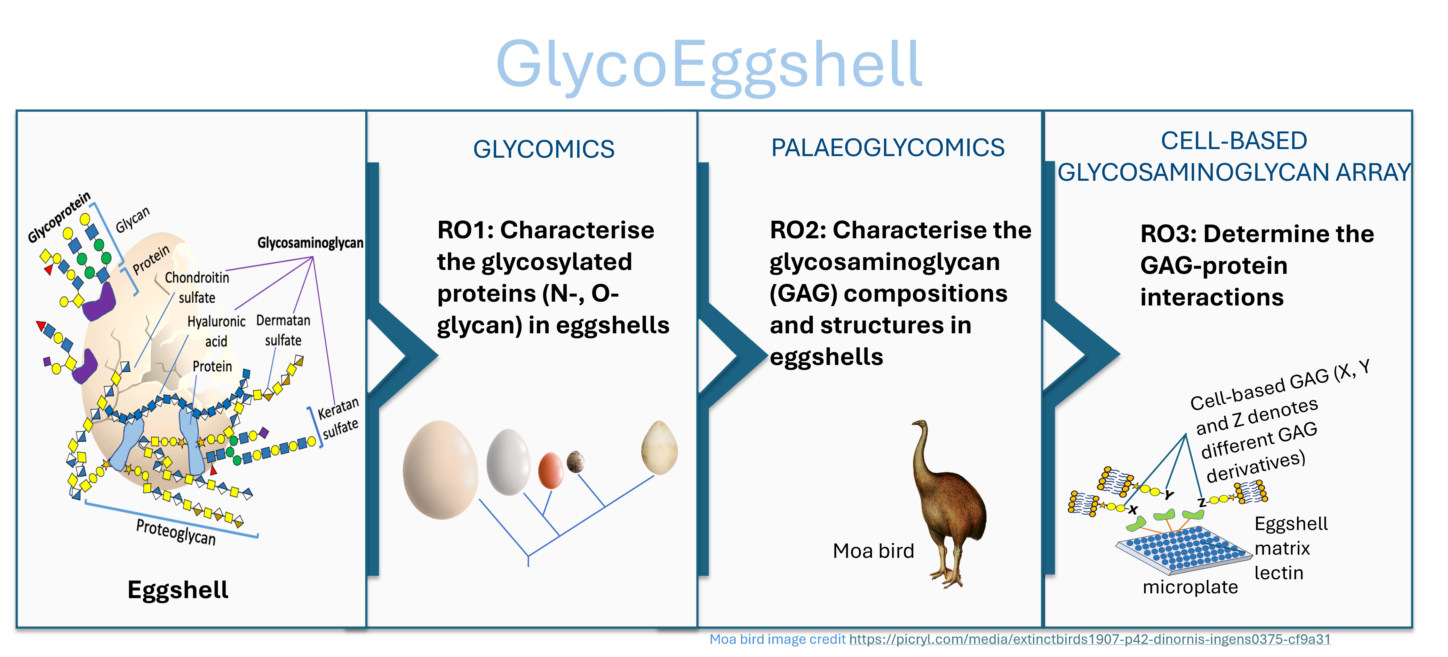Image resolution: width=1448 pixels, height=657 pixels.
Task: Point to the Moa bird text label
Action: pyautogui.click(x=873, y=551)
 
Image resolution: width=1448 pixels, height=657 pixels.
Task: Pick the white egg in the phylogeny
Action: pyautogui.click(x=508, y=462)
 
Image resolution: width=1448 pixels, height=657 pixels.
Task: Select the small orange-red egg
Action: pyautogui.click(x=551, y=471)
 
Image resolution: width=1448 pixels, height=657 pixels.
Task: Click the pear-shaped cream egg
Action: pyautogui.click(x=659, y=447)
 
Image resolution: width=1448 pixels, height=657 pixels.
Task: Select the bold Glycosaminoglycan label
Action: pyautogui.click(x=310, y=243)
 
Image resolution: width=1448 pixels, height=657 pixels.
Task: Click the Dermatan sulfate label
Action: pyautogui.click(x=283, y=330)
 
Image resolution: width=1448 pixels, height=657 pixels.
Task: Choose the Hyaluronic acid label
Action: pyautogui.click(x=216, y=331)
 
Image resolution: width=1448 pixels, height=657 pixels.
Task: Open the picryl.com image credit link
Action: pyautogui.click(x=1089, y=640)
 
